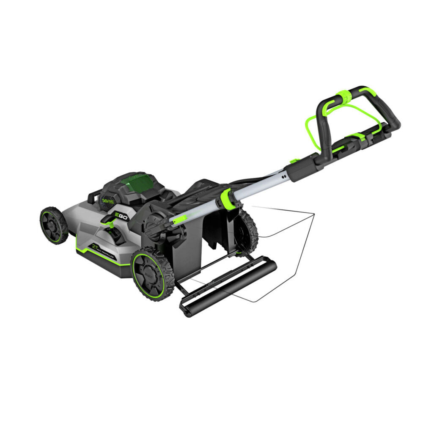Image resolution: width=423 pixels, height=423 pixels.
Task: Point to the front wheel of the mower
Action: click(54, 225)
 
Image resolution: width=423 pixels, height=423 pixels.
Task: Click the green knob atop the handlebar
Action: click(344, 97)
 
